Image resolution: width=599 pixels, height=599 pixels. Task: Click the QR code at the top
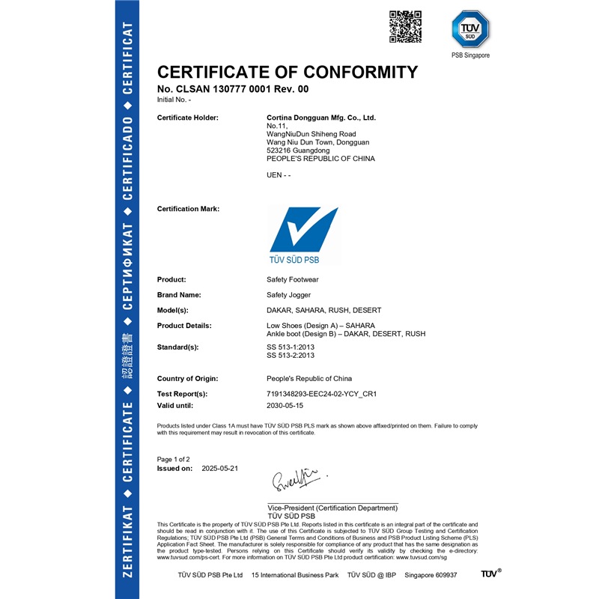pos(405,27)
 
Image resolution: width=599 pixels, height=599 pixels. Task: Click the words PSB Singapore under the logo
pos(470,55)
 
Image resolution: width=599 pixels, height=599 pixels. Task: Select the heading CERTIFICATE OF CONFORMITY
pos(287,72)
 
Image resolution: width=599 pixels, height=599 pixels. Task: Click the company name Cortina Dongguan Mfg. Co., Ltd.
pos(321,118)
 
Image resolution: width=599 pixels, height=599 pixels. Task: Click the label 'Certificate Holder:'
pos(188,118)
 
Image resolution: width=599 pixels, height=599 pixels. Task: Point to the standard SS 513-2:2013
pos(291,356)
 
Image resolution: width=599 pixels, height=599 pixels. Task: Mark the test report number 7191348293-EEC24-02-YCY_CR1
pos(321,393)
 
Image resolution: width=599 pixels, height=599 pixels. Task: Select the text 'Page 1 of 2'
pos(174,458)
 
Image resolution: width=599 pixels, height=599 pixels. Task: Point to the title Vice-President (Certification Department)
pos(332,508)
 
